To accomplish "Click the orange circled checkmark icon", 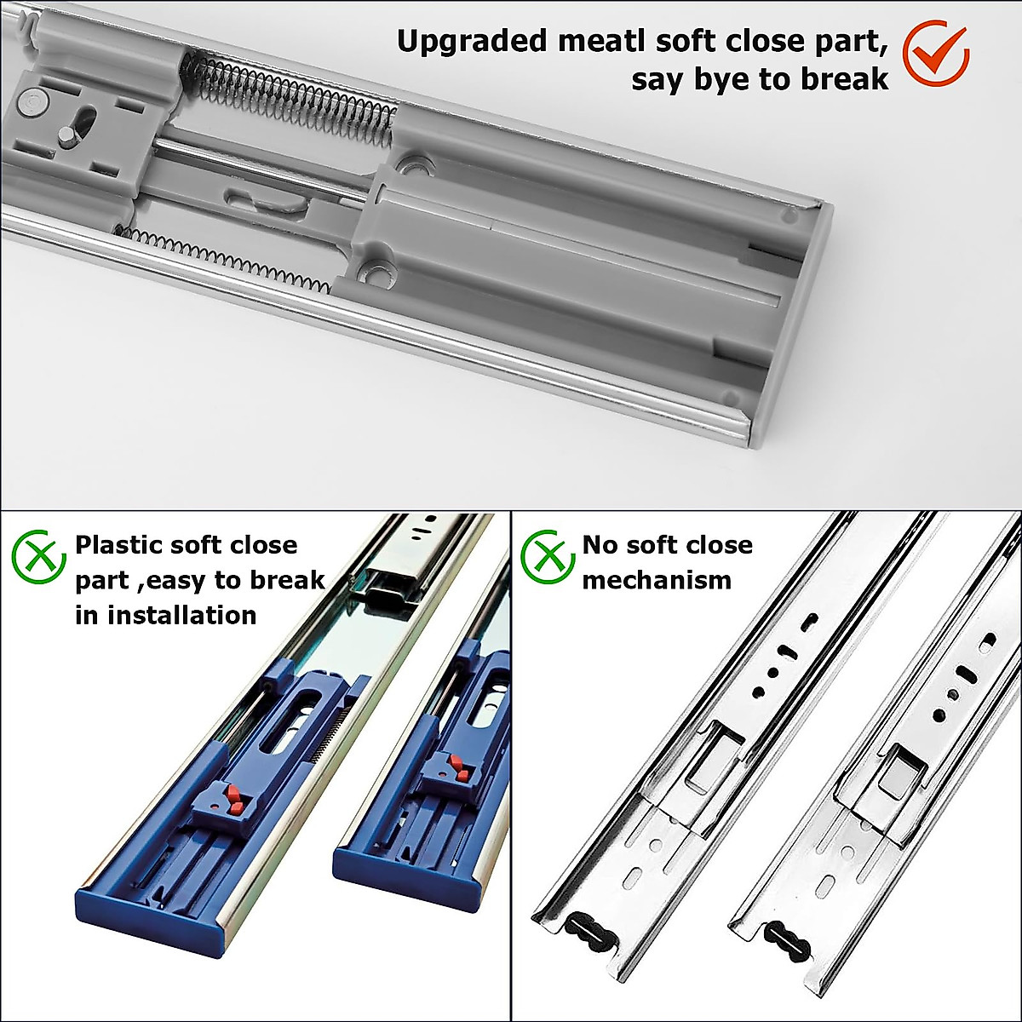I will click(x=934, y=53).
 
